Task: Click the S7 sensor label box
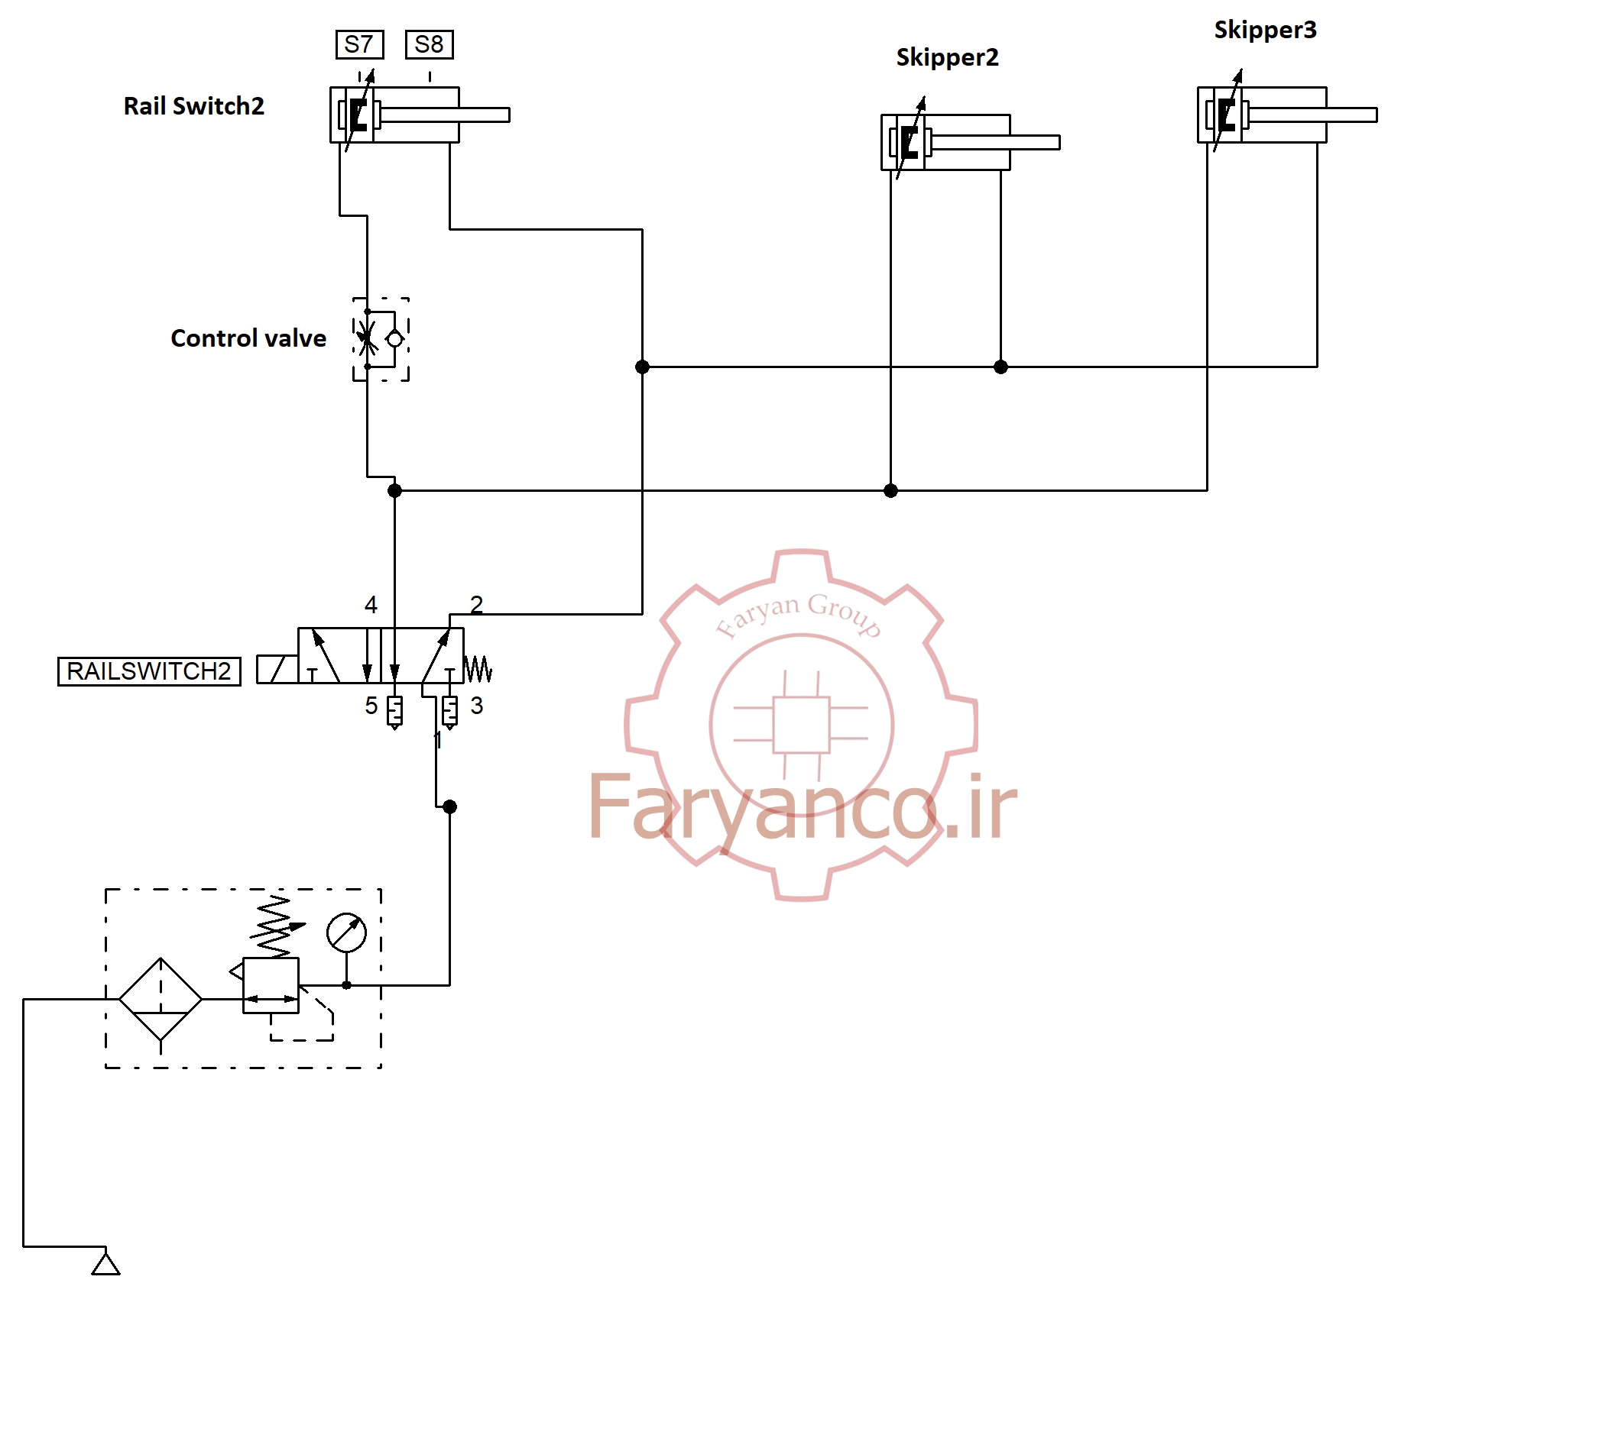pyautogui.click(x=359, y=44)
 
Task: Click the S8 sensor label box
pyautogui.click(x=429, y=44)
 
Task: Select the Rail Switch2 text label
pyautogui.click(x=193, y=106)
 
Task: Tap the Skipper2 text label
pyautogui.click(x=946, y=57)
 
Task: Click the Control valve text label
pyautogui.click(x=248, y=338)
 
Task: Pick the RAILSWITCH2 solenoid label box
pyautogui.click(x=148, y=671)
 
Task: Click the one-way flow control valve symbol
pyautogui.click(x=381, y=339)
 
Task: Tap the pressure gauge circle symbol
pyautogui.click(x=346, y=932)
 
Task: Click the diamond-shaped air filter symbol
pyautogui.click(x=161, y=999)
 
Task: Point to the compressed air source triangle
pyautogui.click(x=105, y=1264)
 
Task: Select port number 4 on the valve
pyautogui.click(x=370, y=605)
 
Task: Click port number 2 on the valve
pyautogui.click(x=476, y=605)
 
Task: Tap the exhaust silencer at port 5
pyautogui.click(x=394, y=712)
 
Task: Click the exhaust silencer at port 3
pyautogui.click(x=449, y=712)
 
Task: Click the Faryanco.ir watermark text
pyautogui.click(x=801, y=809)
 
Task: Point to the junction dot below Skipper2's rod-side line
pyautogui.click(x=1000, y=367)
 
